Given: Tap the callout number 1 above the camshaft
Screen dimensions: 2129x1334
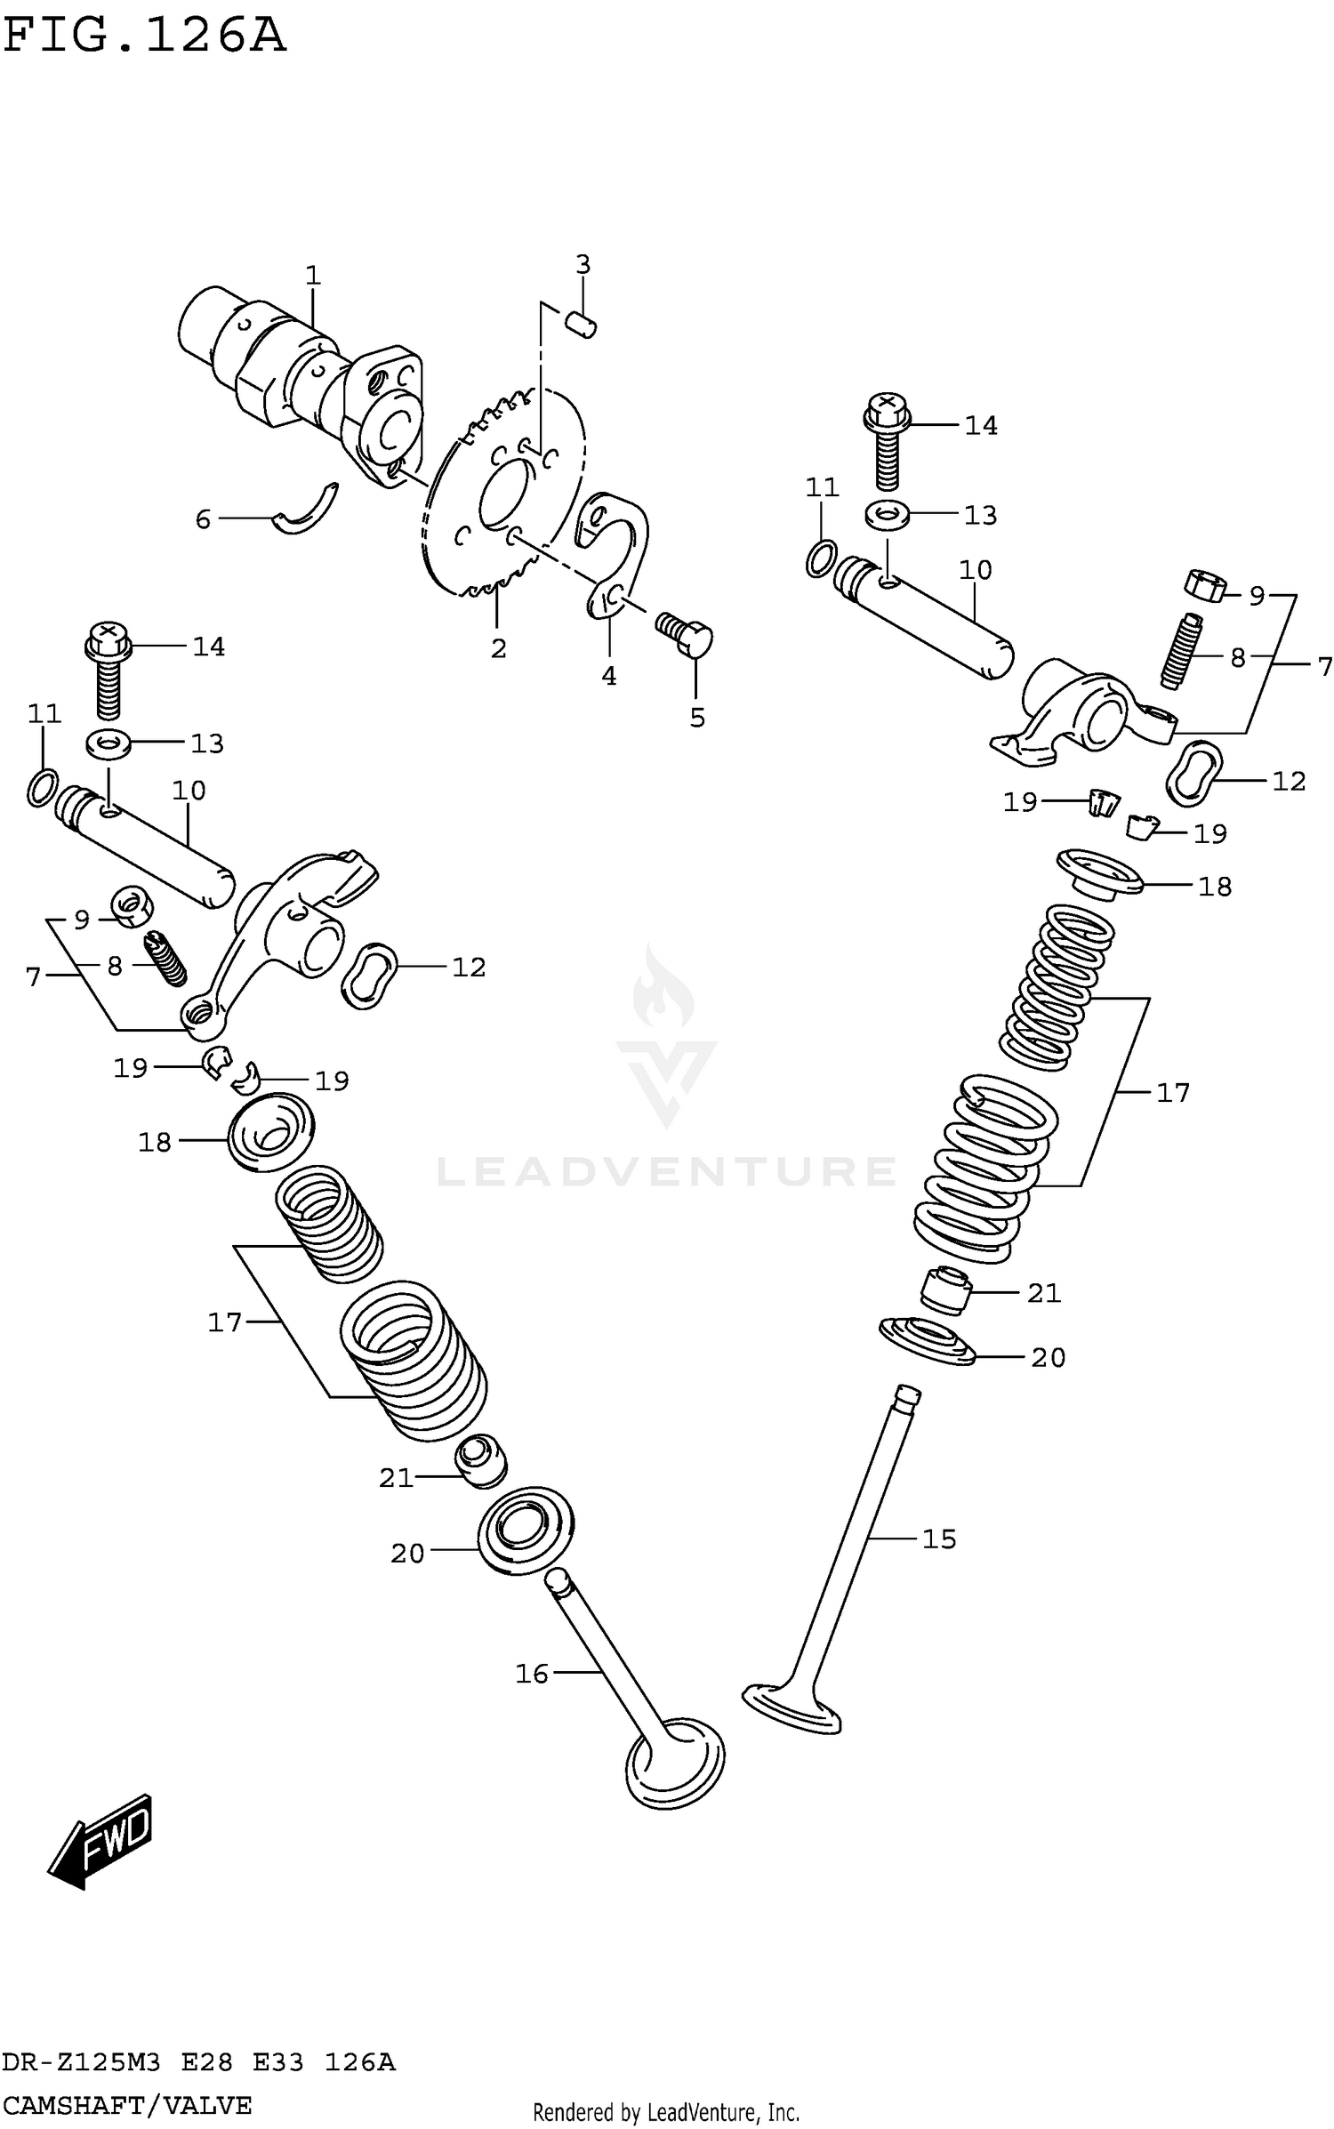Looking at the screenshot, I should pos(312,276).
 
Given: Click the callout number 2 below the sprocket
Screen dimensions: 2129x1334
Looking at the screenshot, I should pos(498,648).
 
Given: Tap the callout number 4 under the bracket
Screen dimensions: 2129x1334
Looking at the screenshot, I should pos(608,676).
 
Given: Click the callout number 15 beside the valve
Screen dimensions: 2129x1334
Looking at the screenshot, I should pos(939,1539).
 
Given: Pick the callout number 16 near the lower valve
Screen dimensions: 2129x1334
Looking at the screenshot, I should pos(532,1674).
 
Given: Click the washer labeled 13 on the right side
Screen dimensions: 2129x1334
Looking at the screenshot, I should pos(885,514).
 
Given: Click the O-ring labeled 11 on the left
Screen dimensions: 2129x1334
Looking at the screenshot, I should pos(43,786).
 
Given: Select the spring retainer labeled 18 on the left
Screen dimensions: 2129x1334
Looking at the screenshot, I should pos(271,1132).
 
